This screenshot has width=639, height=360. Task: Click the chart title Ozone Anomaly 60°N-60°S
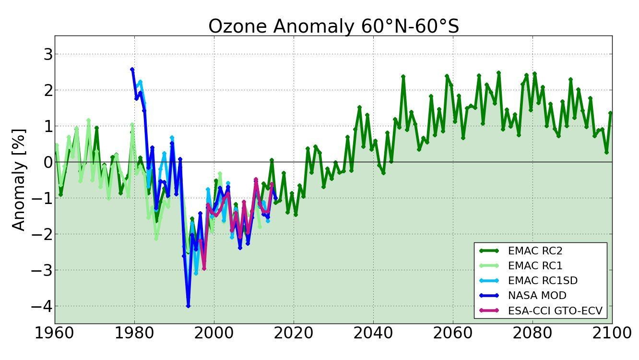pyautogui.click(x=333, y=26)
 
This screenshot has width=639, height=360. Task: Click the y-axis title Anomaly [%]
pyautogui.click(x=19, y=180)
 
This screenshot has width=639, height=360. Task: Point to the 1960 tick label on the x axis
pyautogui.click(x=55, y=333)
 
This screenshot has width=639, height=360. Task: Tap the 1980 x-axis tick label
pyautogui.click(x=134, y=333)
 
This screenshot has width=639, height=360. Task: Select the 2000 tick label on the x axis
pyautogui.click(x=214, y=333)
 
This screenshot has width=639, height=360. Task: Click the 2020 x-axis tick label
pyautogui.click(x=294, y=333)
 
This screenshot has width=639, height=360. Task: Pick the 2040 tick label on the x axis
pyautogui.click(x=373, y=333)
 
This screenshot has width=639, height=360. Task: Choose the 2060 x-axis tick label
pyautogui.click(x=453, y=333)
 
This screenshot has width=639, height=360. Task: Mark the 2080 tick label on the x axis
pyautogui.click(x=532, y=333)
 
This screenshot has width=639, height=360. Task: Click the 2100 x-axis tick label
pyautogui.click(x=612, y=333)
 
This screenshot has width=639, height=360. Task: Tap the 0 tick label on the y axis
pyautogui.click(x=47, y=162)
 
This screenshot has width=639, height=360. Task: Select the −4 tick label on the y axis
pyautogui.click(x=42, y=306)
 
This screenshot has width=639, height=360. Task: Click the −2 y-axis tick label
pyautogui.click(x=42, y=234)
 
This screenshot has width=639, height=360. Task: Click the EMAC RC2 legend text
pyautogui.click(x=535, y=251)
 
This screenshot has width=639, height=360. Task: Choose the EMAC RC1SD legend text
pyautogui.click(x=539, y=280)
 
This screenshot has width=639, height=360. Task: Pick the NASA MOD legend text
pyautogui.click(x=537, y=295)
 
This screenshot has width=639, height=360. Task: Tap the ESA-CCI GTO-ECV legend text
pyautogui.click(x=555, y=311)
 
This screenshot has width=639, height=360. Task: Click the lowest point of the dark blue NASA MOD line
pyautogui.click(x=188, y=306)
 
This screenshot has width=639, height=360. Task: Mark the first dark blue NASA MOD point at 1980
pyautogui.click(x=132, y=70)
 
